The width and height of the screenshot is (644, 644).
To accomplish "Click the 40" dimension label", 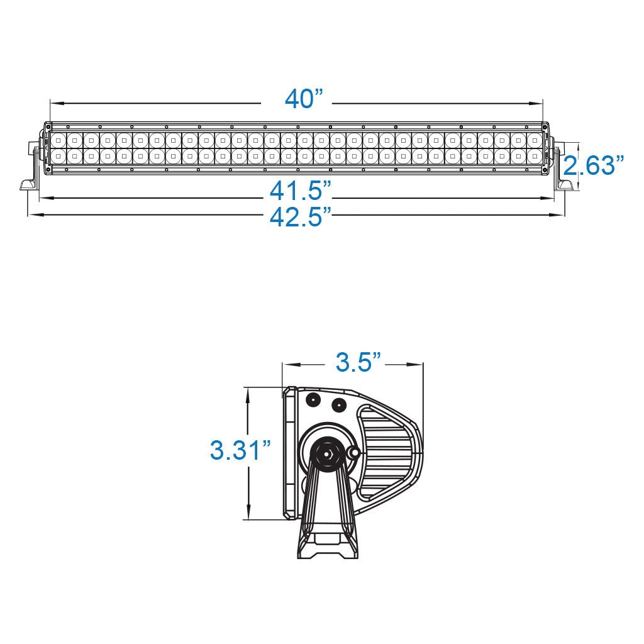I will tap(303, 99).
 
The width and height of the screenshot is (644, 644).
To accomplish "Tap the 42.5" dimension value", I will tap(301, 217).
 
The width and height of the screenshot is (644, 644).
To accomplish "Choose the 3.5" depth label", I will tap(358, 362).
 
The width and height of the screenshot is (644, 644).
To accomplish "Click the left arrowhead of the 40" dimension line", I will tap(54, 103).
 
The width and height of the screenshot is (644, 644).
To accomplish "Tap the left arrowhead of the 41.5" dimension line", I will tap(43, 198).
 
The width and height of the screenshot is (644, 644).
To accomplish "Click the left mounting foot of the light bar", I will tap(28, 183).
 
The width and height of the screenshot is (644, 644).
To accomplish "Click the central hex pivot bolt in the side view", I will tap(326, 451).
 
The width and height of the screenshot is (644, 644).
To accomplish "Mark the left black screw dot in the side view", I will tap(312, 399).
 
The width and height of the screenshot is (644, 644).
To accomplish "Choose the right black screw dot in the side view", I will tap(338, 404).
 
